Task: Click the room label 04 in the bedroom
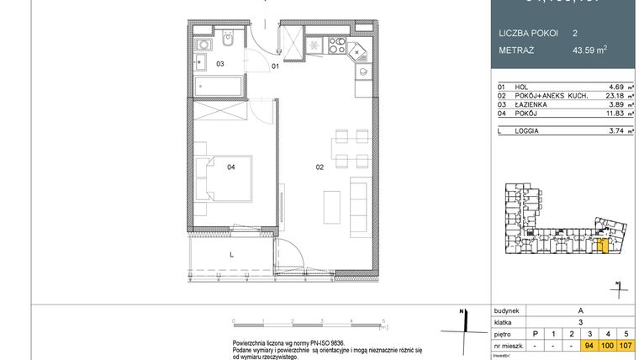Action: (230, 167)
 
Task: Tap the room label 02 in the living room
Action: (319, 167)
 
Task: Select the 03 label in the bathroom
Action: (220, 64)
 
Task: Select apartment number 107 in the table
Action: (626, 345)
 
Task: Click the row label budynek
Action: (507, 310)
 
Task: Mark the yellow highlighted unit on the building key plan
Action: (601, 245)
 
